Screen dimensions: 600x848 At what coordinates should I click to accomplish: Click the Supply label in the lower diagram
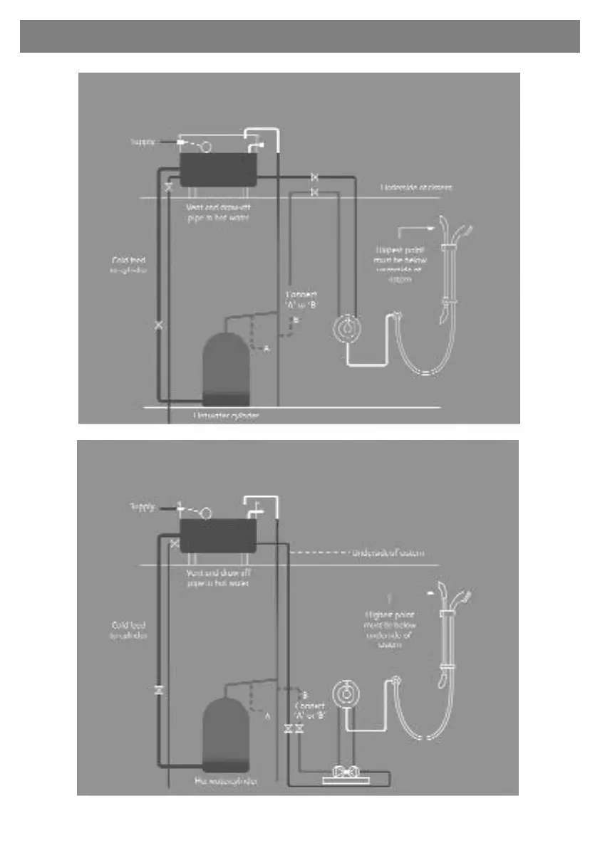(x=143, y=508)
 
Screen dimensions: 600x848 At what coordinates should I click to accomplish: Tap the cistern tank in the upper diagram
(x=218, y=169)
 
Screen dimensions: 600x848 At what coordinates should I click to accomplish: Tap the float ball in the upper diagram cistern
(x=205, y=147)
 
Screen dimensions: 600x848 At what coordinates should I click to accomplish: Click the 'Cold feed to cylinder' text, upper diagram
(x=129, y=266)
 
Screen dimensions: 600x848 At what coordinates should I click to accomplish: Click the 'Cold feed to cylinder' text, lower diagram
(x=129, y=630)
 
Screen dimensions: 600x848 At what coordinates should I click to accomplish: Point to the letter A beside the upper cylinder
(x=267, y=349)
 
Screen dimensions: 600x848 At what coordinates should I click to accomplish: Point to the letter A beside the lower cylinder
(x=267, y=716)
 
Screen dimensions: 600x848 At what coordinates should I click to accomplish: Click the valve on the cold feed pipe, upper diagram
(x=158, y=325)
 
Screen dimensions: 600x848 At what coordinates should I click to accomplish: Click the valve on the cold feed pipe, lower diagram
(x=158, y=690)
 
